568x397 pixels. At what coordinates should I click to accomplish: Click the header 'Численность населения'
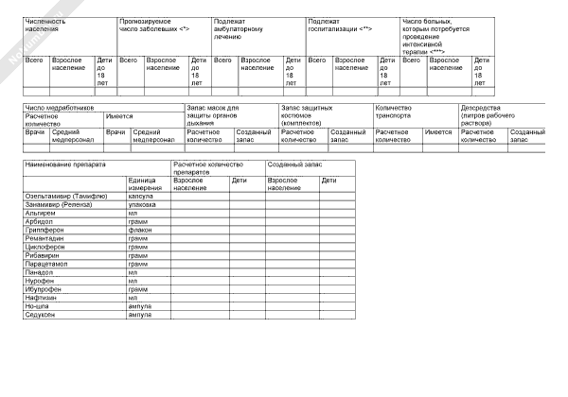pyautogui.click(x=45, y=24)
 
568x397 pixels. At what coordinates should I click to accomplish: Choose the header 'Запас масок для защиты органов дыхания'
pyautogui.click(x=213, y=115)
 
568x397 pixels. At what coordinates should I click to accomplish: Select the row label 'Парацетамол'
pyautogui.click(x=46, y=264)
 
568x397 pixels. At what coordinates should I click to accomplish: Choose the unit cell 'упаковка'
pyautogui.click(x=142, y=204)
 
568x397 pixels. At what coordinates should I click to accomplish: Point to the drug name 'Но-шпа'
pyautogui.click(x=39, y=306)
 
